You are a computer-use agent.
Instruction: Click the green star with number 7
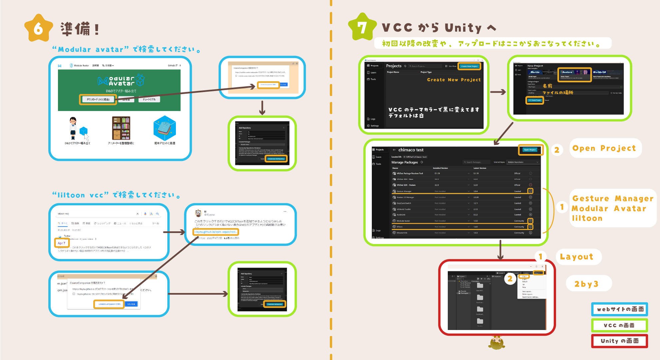[x=362, y=27]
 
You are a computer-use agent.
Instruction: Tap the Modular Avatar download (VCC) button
[x=98, y=99]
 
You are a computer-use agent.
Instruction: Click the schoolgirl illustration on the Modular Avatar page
[x=73, y=128]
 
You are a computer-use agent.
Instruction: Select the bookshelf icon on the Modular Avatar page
[x=121, y=128]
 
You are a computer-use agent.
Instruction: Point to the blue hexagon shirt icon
[x=165, y=128]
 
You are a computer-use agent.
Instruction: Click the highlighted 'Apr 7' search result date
[x=62, y=243]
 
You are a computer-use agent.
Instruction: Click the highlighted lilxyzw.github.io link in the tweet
[x=216, y=232]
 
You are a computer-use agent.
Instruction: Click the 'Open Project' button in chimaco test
[x=530, y=150]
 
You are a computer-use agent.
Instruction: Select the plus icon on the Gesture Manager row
[x=530, y=191]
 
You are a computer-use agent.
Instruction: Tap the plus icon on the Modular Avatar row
[x=530, y=221]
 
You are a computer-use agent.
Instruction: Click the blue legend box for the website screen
[x=619, y=309]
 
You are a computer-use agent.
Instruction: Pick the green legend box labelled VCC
[x=619, y=325]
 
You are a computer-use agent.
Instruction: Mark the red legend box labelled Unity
[x=619, y=341]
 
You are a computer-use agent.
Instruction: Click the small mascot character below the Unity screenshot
[x=497, y=343]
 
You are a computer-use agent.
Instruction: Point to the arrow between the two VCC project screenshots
[x=498, y=92]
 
